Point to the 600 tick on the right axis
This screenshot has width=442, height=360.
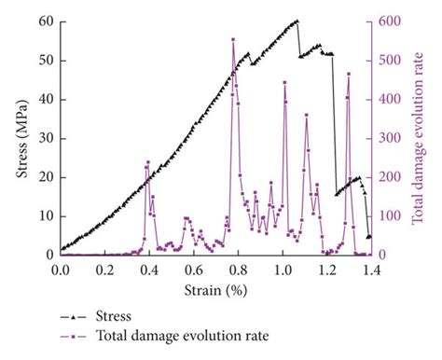click(x=388, y=21)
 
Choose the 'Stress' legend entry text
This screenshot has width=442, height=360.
click(x=104, y=316)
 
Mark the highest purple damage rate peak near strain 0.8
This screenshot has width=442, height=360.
click(x=233, y=40)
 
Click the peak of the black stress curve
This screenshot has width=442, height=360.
click(x=297, y=21)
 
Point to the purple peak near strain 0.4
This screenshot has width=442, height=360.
click(x=147, y=163)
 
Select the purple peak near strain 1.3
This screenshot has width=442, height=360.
click(x=349, y=74)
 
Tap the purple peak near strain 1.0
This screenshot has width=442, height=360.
click(x=284, y=82)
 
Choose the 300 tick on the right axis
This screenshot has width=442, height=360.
click(x=388, y=138)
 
